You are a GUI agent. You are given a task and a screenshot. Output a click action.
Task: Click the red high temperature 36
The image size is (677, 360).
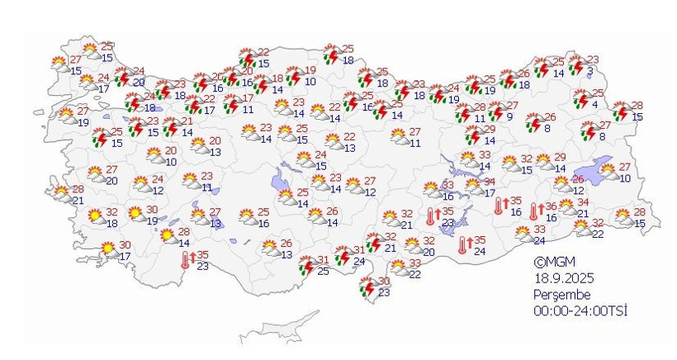tap(552, 206)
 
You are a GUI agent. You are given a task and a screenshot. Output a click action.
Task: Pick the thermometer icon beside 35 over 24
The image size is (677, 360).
tap(463, 244)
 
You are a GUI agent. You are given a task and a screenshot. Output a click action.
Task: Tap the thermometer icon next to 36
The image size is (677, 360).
tap(533, 212)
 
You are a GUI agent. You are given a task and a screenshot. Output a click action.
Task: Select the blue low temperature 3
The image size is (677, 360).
tap(589, 72)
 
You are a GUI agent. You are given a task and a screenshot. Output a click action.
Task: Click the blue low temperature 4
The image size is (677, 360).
tap(595, 104)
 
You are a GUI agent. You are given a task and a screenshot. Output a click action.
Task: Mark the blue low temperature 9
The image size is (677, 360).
tap(509, 116)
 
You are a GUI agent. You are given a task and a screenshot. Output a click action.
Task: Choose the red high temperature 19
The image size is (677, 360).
tap(310, 70)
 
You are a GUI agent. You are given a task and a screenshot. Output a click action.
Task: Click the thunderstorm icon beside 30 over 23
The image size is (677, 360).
tap(367, 287)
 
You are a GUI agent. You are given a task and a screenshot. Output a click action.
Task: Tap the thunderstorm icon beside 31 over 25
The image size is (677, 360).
tap(305, 265)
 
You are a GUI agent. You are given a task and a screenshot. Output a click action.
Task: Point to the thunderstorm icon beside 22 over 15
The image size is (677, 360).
tap(247, 58)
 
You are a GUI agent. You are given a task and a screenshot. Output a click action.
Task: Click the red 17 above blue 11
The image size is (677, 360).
tap(248, 98)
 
